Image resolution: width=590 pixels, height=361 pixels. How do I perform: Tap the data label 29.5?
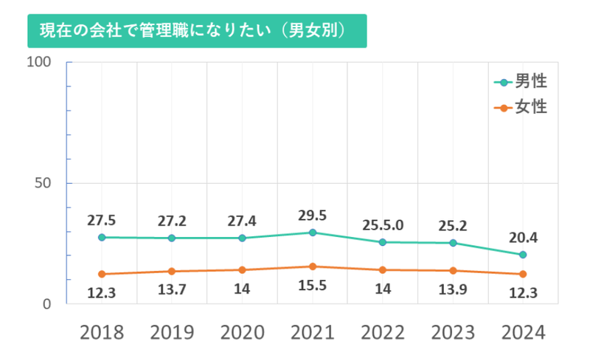tap(313, 216)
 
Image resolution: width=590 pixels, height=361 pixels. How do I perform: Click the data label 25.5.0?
tap(383, 224)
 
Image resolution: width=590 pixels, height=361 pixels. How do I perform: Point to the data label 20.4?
tap(523, 238)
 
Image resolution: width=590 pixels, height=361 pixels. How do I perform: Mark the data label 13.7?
tap(172, 290)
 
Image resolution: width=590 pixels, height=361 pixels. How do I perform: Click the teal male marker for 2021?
tap(313, 233)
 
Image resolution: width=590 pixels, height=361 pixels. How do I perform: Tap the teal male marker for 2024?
tap(523, 255)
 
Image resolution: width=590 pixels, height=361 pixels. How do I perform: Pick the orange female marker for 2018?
tap(102, 274)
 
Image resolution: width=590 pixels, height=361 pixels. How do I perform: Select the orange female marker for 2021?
tap(313, 267)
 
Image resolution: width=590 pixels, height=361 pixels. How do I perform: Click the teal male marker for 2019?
tap(172, 238)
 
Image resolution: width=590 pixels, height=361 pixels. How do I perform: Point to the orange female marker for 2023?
tap(453, 270)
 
